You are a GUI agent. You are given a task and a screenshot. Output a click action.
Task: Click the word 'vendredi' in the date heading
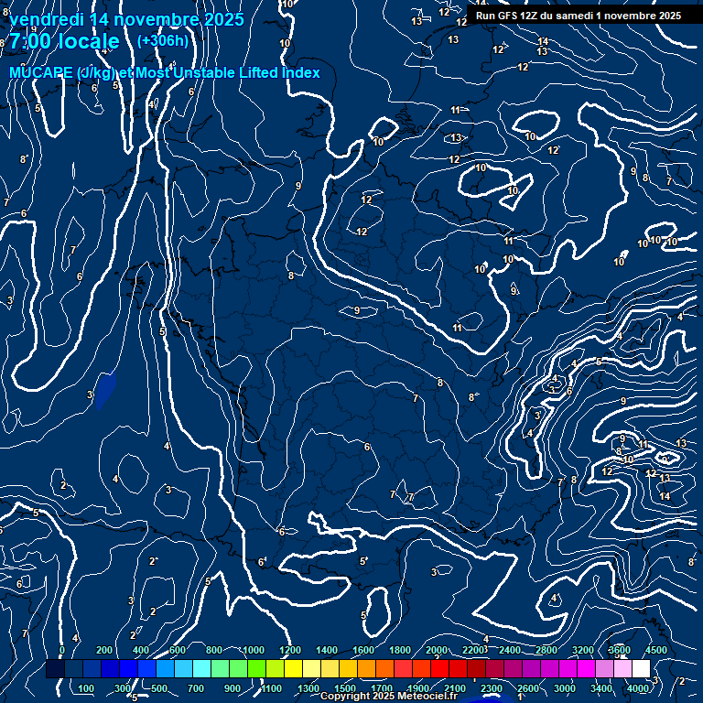pyautogui.click(x=46, y=19)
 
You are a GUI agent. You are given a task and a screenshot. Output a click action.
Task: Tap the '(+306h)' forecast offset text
pyautogui.click(x=162, y=40)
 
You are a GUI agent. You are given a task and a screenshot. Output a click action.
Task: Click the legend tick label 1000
pyautogui.click(x=254, y=650)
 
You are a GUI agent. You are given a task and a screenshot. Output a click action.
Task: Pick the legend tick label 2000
pyautogui.click(x=437, y=650)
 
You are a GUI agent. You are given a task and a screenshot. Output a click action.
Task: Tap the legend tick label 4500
pyautogui.click(x=656, y=650)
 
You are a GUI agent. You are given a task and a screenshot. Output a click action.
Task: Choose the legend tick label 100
pyautogui.click(x=87, y=688)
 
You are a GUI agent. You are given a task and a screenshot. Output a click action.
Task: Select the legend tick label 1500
pyautogui.click(x=345, y=688)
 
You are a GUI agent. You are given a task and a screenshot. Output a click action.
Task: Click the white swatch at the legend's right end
pyautogui.click(x=641, y=669)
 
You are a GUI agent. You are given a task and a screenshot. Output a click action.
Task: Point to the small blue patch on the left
pyautogui.click(x=106, y=388)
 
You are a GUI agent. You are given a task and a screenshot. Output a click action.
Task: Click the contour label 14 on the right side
pyautogui.click(x=665, y=496)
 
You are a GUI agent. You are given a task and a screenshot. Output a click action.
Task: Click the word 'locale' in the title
pyautogui.click(x=88, y=42)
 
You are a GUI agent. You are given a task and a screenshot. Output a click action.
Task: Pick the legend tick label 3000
pyautogui.click(x=565, y=688)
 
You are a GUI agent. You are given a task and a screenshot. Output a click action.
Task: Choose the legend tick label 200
pyautogui.click(x=104, y=650)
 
